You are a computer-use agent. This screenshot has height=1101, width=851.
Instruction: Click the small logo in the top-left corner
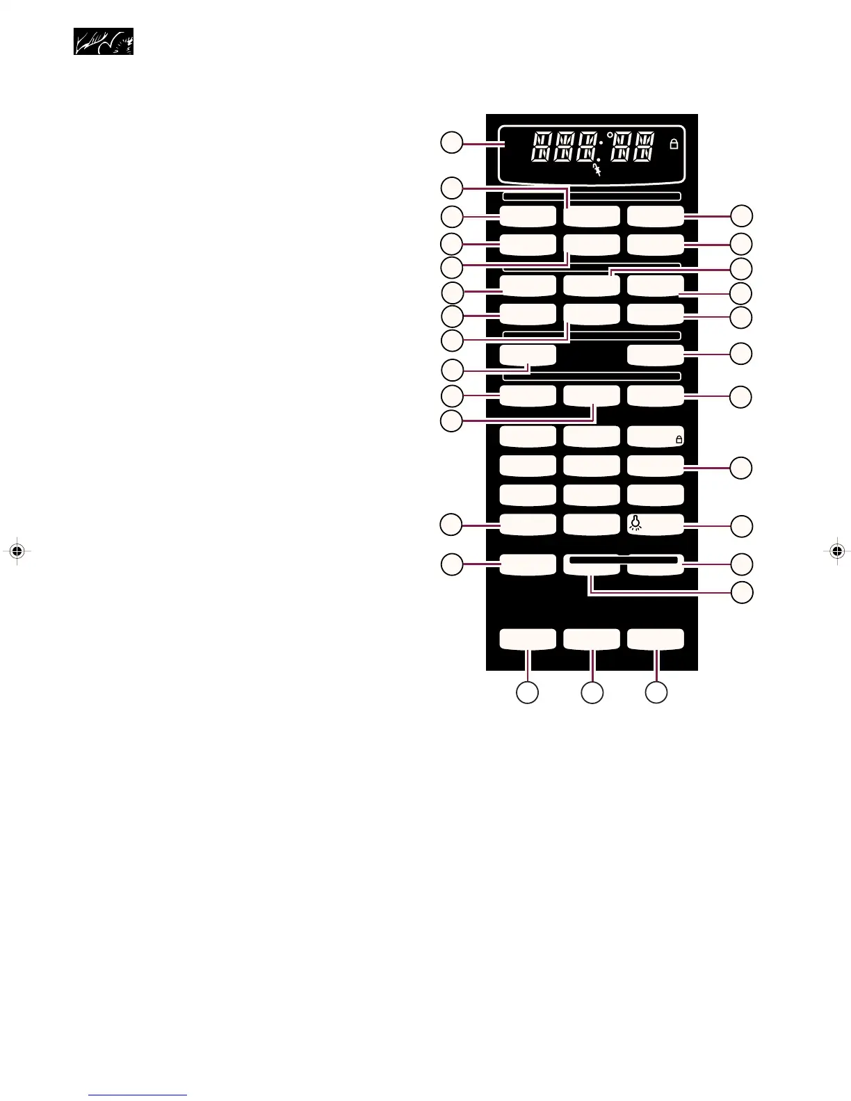pyautogui.click(x=104, y=42)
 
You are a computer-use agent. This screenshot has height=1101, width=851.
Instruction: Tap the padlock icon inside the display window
pyautogui.click(x=673, y=145)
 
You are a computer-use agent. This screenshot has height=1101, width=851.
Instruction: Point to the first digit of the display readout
pyautogui.click(x=543, y=149)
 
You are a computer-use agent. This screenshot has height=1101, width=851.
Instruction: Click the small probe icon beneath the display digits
pyautogui.click(x=596, y=170)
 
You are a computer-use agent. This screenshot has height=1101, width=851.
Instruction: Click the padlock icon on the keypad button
pyautogui.click(x=679, y=439)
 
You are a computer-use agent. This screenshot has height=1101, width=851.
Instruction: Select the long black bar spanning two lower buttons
pyautogui.click(x=623, y=560)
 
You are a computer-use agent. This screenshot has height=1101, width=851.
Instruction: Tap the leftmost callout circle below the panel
pyautogui.click(x=527, y=692)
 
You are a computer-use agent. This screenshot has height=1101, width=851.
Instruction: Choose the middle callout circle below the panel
pyautogui.click(x=592, y=692)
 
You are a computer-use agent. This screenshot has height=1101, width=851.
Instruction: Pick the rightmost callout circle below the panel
pyautogui.click(x=656, y=692)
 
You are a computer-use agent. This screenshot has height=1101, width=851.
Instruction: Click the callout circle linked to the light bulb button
pyautogui.click(x=742, y=526)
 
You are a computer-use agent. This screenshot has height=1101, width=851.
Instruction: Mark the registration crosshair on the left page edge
pyautogui.click(x=17, y=551)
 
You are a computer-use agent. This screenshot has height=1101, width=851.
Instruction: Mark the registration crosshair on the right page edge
pyautogui.click(x=837, y=551)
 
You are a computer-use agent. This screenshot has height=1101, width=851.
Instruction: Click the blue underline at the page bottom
pyautogui.click(x=138, y=1095)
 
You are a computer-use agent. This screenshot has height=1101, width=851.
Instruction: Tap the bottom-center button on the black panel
pyautogui.click(x=591, y=639)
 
